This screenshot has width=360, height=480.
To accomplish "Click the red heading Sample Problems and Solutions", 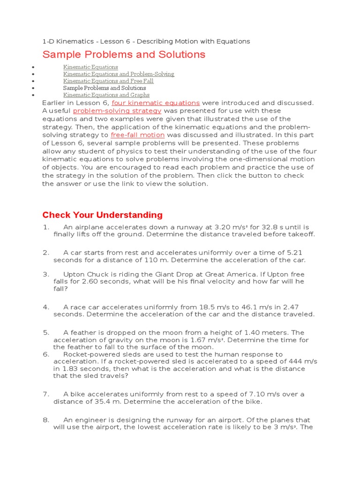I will point(124,55).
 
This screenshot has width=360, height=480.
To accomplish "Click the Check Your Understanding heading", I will point(102,215).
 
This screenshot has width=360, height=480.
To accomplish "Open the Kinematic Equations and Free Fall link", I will point(108,81).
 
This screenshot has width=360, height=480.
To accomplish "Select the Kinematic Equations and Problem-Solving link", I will point(119,74).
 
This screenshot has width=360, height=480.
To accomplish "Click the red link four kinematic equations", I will point(156,103).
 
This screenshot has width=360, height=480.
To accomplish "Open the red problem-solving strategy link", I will point(117,111).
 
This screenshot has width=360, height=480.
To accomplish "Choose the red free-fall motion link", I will point(137,135).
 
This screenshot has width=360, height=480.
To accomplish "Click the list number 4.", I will point(46,307).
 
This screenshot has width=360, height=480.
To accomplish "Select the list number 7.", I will point(46,394).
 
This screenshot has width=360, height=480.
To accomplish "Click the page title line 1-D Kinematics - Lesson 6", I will point(146,41).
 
